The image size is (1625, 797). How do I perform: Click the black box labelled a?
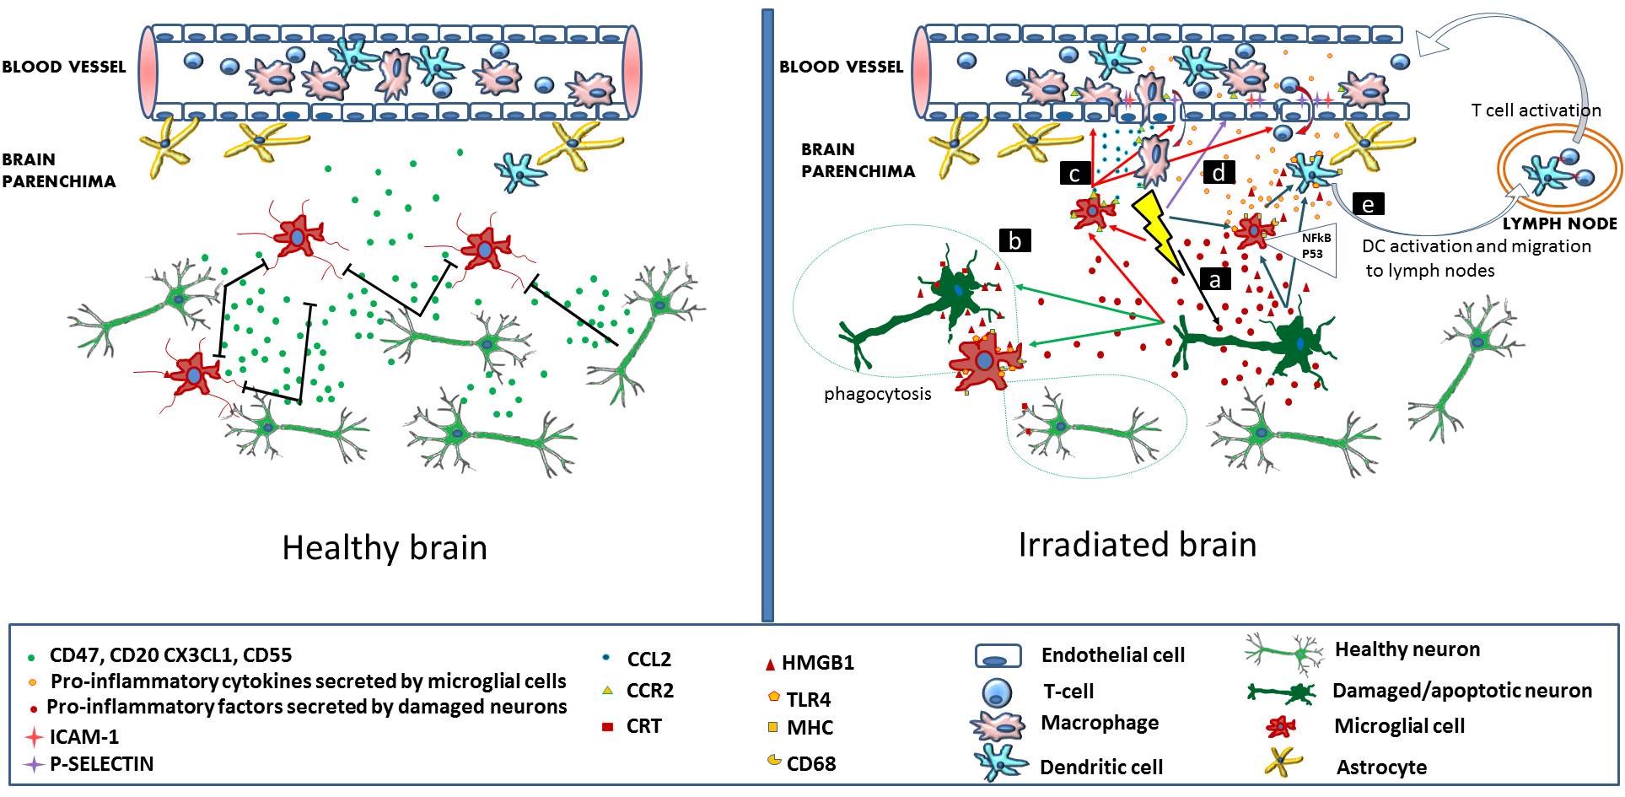(1214, 279)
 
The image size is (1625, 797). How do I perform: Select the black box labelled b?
(1014, 241)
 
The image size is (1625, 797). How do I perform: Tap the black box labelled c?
(1074, 174)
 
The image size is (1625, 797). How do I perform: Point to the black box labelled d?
(1219, 172)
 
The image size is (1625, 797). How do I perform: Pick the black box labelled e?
(1368, 204)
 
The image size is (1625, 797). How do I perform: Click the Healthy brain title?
(385, 548)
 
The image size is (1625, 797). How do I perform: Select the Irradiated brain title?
(1137, 545)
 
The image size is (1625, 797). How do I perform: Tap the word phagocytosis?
(877, 394)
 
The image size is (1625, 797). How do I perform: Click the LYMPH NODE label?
(1559, 223)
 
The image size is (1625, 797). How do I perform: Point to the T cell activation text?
(1536, 110)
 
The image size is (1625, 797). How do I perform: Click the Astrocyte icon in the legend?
(1283, 763)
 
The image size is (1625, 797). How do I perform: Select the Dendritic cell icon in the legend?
(1001, 763)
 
